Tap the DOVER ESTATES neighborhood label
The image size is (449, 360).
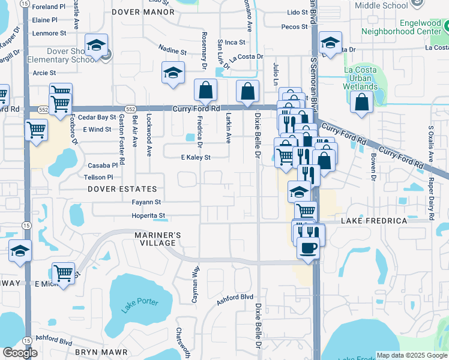click(122, 189)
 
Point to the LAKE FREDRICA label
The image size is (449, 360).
click(374, 221)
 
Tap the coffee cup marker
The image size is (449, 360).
click(308, 247)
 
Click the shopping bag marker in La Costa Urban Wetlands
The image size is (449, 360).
click(363, 102)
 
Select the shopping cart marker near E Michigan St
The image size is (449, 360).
click(63, 273)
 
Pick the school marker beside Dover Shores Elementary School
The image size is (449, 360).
click(96, 46)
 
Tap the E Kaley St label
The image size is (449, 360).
click(196, 158)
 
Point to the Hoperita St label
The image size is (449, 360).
click(148, 216)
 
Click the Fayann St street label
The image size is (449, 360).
click(147, 202)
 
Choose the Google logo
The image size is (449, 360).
click(20, 353)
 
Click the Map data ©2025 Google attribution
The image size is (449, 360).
click(412, 355)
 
